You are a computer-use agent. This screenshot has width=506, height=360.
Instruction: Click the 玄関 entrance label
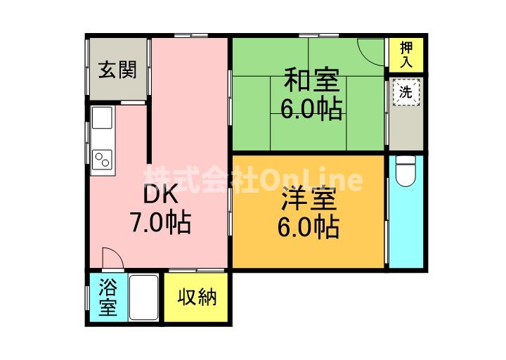point(117,70)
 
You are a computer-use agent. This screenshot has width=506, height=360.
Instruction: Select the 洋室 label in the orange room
point(309,199)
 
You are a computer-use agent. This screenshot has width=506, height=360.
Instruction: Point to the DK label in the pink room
point(160,194)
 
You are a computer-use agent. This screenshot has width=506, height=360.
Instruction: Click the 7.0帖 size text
point(160,223)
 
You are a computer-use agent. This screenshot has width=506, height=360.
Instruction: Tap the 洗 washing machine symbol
point(406,92)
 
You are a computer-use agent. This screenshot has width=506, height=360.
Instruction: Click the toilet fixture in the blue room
point(406,171)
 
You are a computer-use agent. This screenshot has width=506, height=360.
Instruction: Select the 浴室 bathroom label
point(108,297)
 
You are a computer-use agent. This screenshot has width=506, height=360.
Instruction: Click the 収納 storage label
point(197,297)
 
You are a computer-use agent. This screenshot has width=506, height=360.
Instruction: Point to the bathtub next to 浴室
point(144,297)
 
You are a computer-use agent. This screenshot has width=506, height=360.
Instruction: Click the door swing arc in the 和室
point(368,51)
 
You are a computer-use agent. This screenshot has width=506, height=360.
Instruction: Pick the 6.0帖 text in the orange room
point(310,226)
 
